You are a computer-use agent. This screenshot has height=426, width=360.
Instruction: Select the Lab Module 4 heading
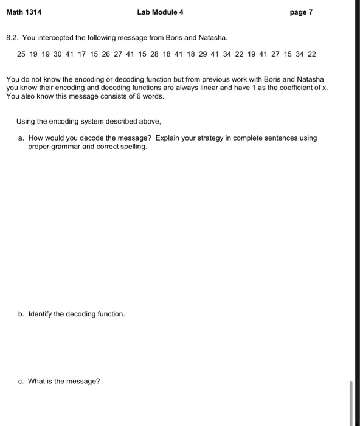click(x=160, y=12)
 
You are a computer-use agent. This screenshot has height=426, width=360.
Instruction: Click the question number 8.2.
click(x=12, y=38)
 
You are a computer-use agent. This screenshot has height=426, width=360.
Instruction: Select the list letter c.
click(x=21, y=382)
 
